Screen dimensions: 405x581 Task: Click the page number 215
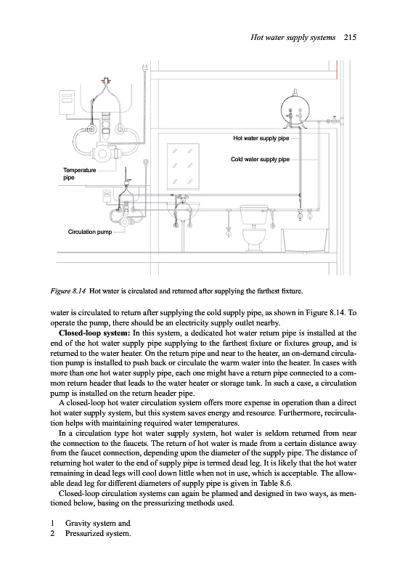click(x=350, y=37)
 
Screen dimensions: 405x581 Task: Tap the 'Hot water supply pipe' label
click(x=261, y=138)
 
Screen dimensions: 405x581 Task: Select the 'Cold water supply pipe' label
click(x=261, y=159)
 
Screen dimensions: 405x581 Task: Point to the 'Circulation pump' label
click(x=90, y=232)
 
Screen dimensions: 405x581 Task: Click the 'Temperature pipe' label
click(x=79, y=174)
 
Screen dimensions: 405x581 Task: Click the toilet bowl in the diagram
click(x=254, y=240)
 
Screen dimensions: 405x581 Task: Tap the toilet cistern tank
click(x=254, y=214)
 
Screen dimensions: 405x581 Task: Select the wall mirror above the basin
click(x=183, y=166)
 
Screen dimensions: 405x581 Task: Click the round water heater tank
click(x=295, y=109)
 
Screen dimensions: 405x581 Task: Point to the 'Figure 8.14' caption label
click(x=68, y=291)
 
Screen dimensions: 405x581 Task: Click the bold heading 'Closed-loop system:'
click(x=94, y=333)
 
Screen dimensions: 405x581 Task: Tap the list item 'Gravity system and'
click(x=98, y=523)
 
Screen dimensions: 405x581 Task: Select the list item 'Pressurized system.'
click(x=98, y=534)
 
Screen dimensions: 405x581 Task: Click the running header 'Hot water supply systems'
click(x=292, y=37)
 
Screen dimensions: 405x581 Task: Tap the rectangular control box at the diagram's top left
click(x=67, y=102)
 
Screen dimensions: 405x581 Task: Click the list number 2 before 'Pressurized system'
click(x=52, y=534)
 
